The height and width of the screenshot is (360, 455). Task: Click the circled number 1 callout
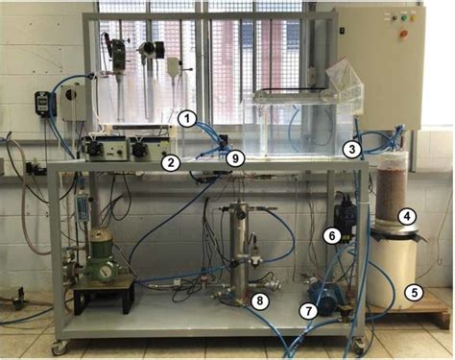[189, 119]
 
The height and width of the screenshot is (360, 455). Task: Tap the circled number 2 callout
[170, 162]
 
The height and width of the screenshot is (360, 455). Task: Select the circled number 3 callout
[353, 149]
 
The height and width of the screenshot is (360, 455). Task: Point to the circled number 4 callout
[407, 217]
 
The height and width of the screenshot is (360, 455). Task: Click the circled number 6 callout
[331, 234]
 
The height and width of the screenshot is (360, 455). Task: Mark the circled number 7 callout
[307, 310]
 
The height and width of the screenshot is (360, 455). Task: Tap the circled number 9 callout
[237, 156]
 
